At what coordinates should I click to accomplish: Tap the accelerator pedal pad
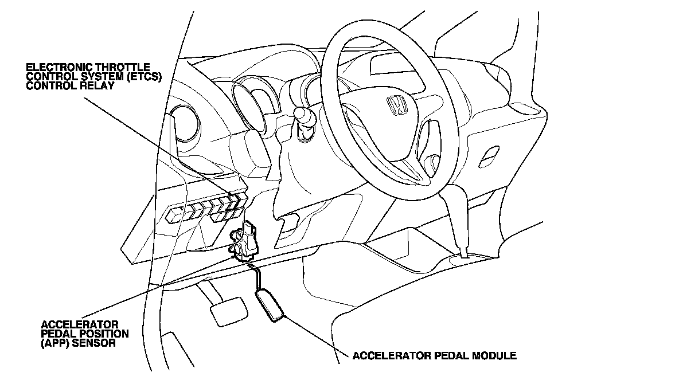(x=270, y=306)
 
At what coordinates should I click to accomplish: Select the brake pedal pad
(x=229, y=311)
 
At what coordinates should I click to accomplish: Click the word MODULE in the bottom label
(x=494, y=356)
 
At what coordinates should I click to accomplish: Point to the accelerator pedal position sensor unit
(x=245, y=241)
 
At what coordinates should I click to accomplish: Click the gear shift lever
(x=456, y=217)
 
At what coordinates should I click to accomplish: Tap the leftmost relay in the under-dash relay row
(x=174, y=215)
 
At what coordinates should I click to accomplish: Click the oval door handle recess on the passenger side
(x=489, y=156)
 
